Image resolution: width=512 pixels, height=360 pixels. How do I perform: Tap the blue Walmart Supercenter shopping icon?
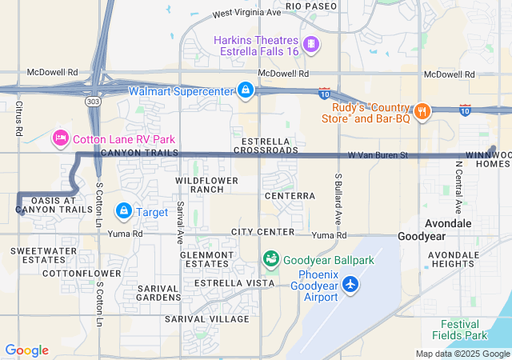click(x=246, y=91)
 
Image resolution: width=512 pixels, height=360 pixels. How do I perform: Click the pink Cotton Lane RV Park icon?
click(x=60, y=138)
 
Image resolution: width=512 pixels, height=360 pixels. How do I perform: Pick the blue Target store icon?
click(x=124, y=211)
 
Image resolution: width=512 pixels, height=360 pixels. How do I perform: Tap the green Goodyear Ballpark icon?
click(x=271, y=259)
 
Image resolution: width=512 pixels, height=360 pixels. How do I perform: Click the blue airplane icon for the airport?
click(x=350, y=284)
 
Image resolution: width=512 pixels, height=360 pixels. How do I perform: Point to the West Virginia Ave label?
click(x=247, y=14)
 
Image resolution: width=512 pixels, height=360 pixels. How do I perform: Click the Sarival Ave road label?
click(x=180, y=222)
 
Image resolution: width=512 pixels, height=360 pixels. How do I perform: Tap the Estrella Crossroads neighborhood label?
click(x=259, y=146)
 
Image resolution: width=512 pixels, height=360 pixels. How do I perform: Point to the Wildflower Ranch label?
click(x=207, y=185)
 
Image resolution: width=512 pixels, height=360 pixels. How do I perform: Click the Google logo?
click(x=27, y=350)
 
